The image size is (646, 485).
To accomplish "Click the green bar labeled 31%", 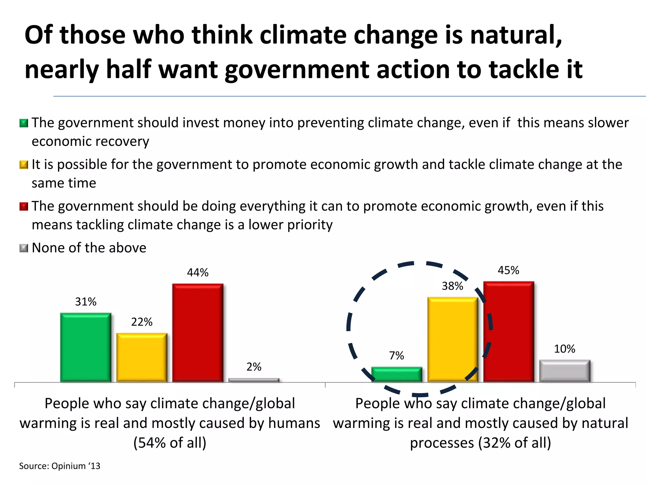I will point(85,347).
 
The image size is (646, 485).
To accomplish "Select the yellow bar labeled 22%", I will point(142,357).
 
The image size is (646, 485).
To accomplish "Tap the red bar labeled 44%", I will point(197,333).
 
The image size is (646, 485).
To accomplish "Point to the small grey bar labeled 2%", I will point(254,380).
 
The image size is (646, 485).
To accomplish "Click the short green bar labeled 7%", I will point(396,374).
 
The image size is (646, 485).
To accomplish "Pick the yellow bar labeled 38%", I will point(453,339).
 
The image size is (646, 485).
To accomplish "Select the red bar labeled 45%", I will point(508,332).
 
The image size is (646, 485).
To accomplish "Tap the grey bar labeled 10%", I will point(565,371).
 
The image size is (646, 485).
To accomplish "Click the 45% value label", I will point(508,270).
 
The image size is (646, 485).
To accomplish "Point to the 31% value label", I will point(85,302).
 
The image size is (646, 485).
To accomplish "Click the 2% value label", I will point(254,367).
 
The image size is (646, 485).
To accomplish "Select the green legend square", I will point(24,123).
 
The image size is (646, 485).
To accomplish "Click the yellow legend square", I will point(24,165).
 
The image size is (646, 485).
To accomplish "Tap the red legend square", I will point(24,207).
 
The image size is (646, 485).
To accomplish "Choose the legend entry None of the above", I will point(89,248).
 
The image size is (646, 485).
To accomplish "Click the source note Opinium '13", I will point(60,466).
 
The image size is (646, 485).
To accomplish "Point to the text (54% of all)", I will point(170,443).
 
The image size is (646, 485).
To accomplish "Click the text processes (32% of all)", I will point(480,443).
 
